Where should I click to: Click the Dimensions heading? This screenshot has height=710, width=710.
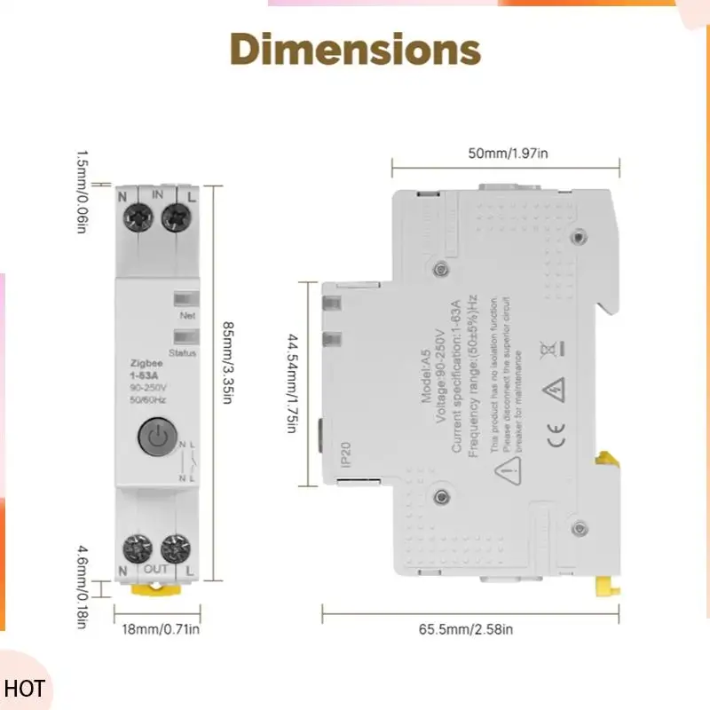(x=355, y=50)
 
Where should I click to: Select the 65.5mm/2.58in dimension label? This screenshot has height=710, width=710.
(x=465, y=629)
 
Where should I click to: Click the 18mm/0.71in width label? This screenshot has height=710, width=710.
(x=161, y=629)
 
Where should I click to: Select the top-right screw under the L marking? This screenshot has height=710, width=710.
(x=178, y=214)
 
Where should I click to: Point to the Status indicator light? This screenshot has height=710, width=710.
(x=186, y=337)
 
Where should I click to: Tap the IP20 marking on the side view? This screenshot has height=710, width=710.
(x=347, y=454)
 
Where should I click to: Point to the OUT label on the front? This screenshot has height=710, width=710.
(x=156, y=568)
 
